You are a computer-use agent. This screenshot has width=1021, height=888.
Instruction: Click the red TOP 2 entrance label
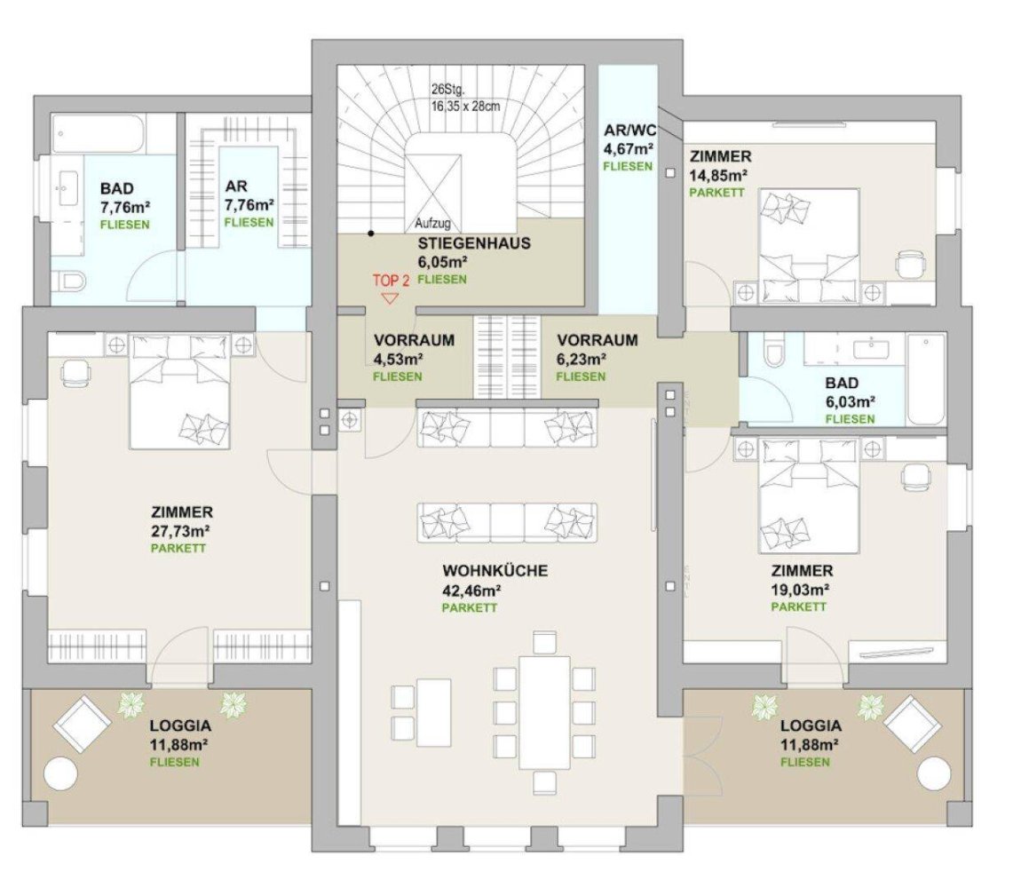coord(391,280)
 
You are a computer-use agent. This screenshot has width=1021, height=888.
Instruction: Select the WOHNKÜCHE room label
coord(495,571)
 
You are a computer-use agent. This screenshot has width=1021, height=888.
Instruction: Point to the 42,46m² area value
coord(471,590)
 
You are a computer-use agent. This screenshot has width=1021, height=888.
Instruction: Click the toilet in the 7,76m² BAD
coord(70,282)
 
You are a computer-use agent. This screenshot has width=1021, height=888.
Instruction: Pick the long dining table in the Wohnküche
coord(545,713)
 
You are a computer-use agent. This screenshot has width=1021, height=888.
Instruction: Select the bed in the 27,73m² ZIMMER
coord(181,391)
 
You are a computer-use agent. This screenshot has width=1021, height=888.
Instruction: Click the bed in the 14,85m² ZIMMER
coord(808,234)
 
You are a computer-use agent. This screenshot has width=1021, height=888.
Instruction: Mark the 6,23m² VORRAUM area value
coord(581,359)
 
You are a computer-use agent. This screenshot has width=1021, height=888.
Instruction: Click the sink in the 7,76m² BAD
coord(67,189)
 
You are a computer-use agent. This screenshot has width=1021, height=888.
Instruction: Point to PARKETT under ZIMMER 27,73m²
coord(178,549)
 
